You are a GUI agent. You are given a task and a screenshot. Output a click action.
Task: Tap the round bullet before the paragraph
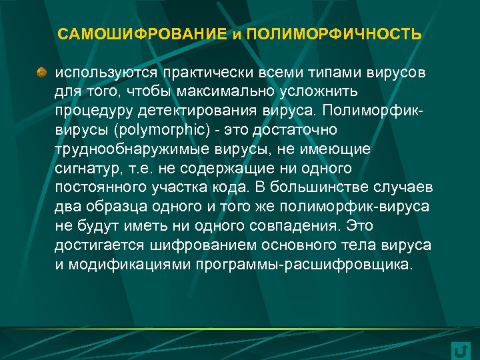tap(41, 71)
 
